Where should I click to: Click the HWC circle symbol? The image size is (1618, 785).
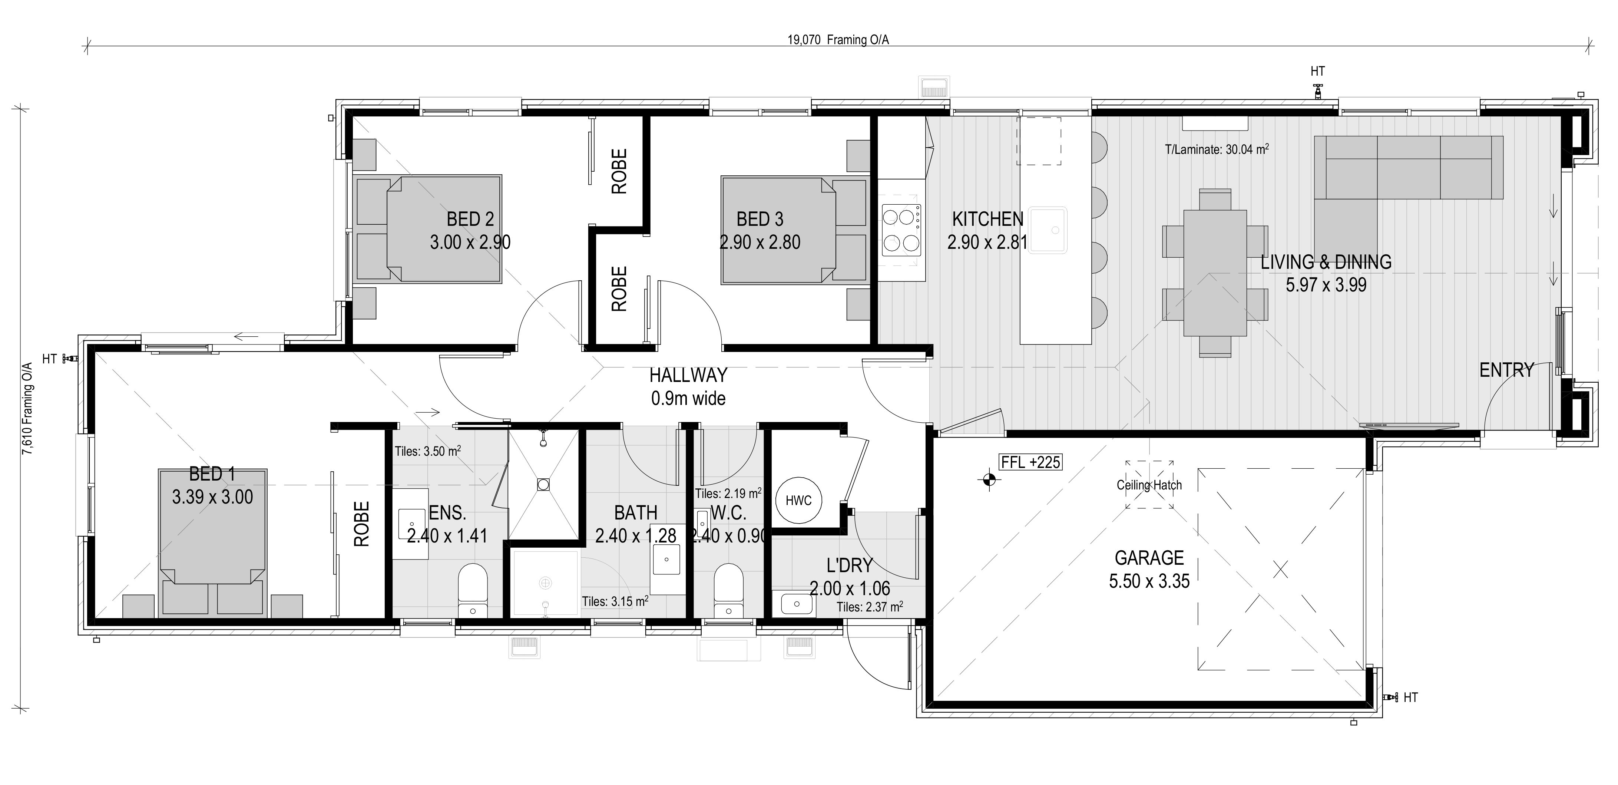tap(798, 500)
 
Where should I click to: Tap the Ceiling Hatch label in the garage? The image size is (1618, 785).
tap(1149, 485)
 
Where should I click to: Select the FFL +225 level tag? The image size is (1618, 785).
tap(1031, 462)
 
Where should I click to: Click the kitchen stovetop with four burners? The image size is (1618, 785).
tap(901, 230)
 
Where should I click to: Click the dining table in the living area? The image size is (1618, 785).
tap(1215, 273)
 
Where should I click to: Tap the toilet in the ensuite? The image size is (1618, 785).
tap(472, 590)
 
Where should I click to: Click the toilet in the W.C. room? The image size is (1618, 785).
tap(729, 590)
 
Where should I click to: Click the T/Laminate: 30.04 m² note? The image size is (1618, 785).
tap(1217, 149)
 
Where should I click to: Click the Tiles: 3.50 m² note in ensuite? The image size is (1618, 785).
tap(428, 451)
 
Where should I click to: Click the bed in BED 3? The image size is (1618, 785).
tap(778, 230)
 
